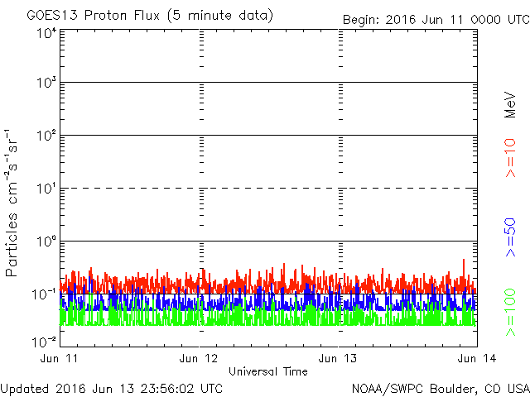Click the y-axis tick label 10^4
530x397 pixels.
pos(46,34)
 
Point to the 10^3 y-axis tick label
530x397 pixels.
pos(46,83)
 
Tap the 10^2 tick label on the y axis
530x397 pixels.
pos(46,135)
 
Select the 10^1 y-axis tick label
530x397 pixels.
pos(46,188)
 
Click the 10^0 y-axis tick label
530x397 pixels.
pos(46,241)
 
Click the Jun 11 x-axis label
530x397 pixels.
pos(60,358)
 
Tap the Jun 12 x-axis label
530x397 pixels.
pos(200,358)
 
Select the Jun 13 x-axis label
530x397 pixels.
pos(339,358)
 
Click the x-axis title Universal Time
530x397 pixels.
pos(268,371)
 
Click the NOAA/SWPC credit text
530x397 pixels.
pos(393,387)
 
